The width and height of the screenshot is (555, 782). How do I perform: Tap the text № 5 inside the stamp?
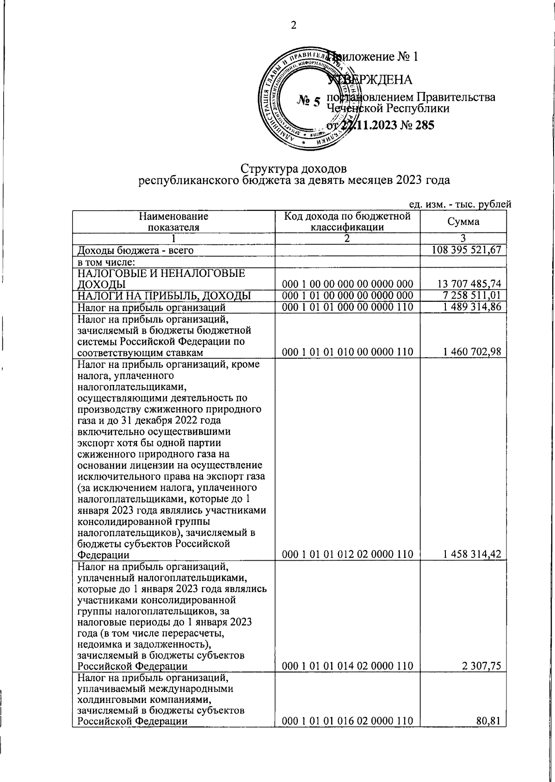(308, 101)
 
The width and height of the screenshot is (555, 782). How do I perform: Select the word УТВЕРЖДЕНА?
(370, 79)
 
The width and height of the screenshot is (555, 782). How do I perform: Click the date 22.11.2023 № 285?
(388, 125)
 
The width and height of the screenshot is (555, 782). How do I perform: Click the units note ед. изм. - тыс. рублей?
(460, 204)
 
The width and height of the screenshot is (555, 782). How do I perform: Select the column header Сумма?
(463, 221)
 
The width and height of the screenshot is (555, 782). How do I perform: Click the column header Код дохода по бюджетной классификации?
(347, 221)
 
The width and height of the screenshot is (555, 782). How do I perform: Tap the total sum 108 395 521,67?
(466, 250)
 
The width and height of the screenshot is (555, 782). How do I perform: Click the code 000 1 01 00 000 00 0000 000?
(347, 295)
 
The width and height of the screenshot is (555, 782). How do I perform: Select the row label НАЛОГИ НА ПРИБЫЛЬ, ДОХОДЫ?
(164, 295)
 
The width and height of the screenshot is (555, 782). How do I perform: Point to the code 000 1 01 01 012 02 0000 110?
(347, 554)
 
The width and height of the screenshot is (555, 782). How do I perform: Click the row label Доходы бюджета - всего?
(135, 250)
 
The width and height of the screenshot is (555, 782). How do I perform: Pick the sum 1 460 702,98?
(472, 352)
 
